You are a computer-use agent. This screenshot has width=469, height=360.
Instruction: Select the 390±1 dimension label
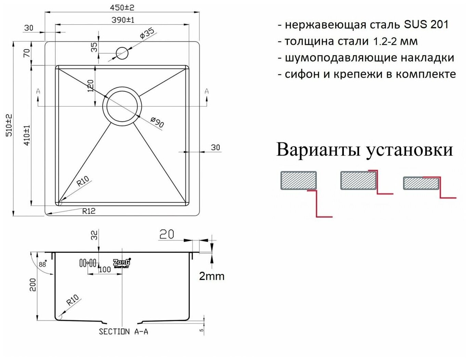click(123, 20)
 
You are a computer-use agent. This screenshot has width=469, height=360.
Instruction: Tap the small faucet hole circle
click(122, 53)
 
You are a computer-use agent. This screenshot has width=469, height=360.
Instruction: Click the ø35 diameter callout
click(147, 33)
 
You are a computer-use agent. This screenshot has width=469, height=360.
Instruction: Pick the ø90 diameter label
click(157, 122)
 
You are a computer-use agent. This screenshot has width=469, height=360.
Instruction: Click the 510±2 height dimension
click(9, 125)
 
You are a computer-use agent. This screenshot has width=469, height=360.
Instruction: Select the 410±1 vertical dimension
click(27, 135)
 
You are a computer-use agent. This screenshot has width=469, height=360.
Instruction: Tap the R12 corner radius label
click(89, 211)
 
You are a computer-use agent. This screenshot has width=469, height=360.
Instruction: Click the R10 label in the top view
click(82, 180)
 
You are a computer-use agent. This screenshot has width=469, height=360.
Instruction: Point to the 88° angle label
click(42, 264)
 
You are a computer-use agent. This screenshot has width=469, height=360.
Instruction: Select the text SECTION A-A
click(123, 332)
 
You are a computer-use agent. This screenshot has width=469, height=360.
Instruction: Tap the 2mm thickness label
click(212, 276)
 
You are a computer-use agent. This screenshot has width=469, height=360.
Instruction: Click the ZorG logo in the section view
click(121, 263)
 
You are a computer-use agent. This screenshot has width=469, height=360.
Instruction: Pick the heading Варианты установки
click(364, 150)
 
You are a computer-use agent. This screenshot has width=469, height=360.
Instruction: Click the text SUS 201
click(426, 25)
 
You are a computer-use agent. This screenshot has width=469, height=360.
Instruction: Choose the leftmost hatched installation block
click(298, 180)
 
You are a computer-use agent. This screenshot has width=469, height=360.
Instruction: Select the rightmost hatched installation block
click(421, 183)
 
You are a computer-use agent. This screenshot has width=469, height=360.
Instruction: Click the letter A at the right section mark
click(206, 91)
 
